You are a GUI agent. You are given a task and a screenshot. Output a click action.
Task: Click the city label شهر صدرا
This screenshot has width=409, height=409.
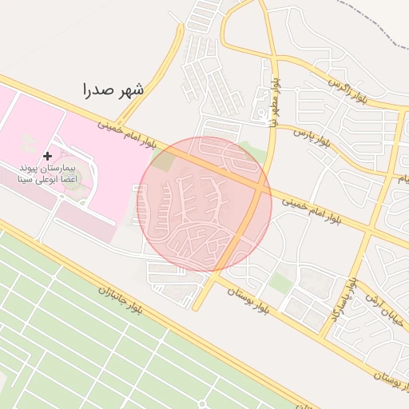pyautogui.click(x=113, y=89)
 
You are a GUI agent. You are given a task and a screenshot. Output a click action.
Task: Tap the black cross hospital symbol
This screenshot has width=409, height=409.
pyautogui.click(x=48, y=155)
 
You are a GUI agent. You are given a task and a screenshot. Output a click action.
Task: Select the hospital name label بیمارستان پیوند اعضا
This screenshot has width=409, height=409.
pyautogui.click(x=48, y=169)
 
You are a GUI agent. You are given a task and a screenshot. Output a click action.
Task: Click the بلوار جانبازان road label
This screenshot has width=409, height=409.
pyautogui.click(x=120, y=300)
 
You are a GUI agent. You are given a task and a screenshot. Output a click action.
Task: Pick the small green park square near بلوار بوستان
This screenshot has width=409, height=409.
pyautogui.click(x=280, y=282)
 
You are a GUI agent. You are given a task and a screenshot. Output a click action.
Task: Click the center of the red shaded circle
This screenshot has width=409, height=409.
pyautogui.click(x=206, y=204)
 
